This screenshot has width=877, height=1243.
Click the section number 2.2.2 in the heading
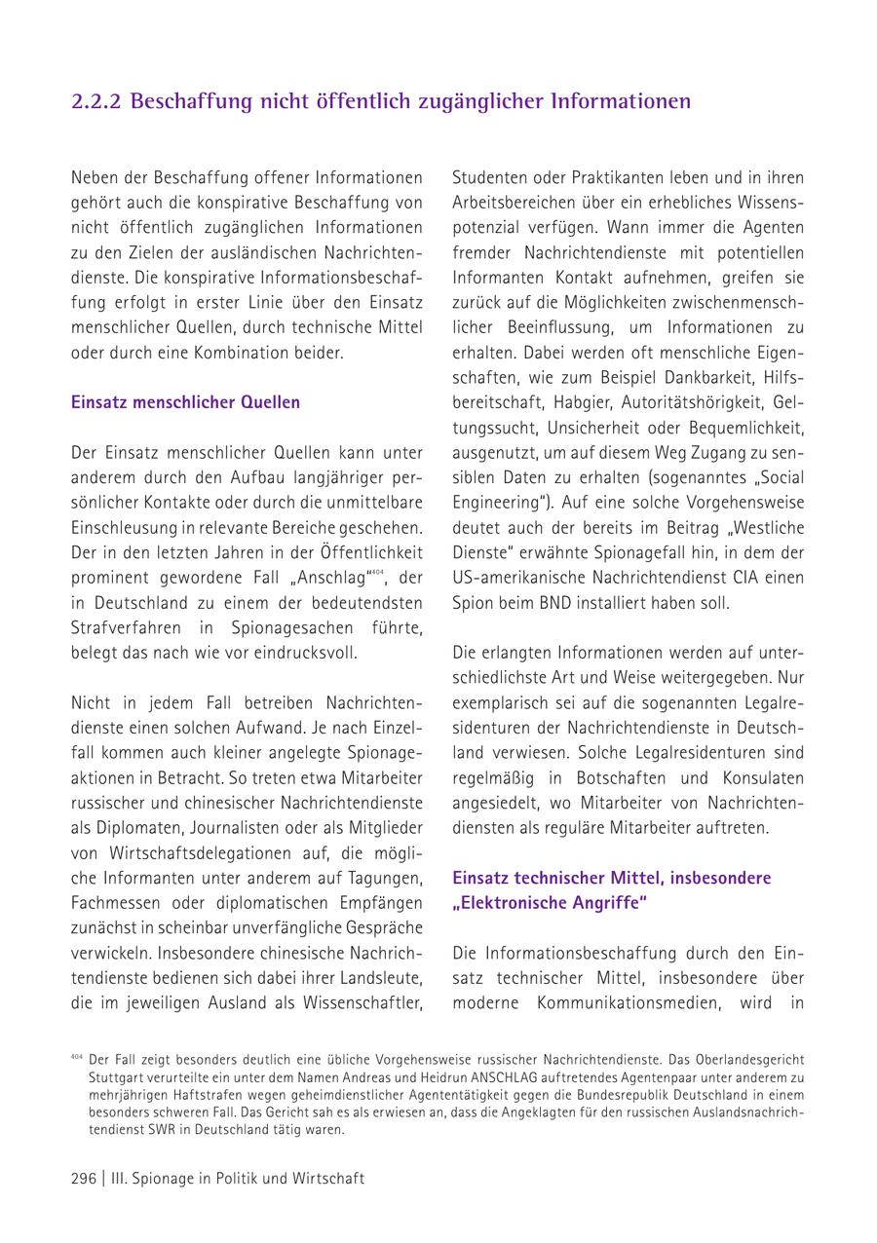tap(96, 101)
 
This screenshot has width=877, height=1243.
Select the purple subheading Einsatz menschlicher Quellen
tap(185, 401)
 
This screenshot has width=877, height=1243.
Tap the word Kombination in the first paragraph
tap(247, 351)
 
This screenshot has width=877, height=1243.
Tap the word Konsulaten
tap(763, 778)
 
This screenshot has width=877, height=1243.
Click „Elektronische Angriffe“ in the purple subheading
tap(551, 903)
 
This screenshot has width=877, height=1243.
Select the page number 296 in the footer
tap(84, 1179)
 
